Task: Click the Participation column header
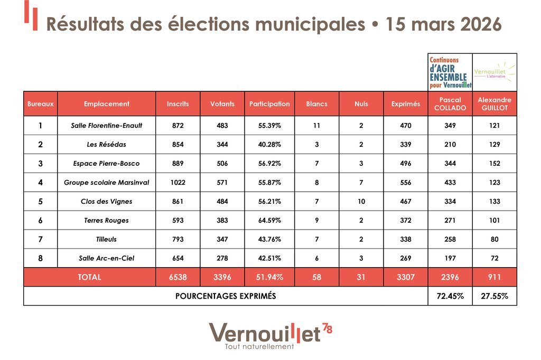point(269,104)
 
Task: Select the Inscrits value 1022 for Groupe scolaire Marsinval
point(178,183)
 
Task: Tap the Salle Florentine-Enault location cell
point(107,126)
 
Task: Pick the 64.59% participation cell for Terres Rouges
point(269,221)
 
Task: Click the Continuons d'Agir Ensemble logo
point(450,73)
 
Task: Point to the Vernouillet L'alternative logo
point(495,73)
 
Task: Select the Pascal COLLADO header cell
point(450,104)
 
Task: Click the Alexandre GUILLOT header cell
point(495,104)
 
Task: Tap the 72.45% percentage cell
point(450,297)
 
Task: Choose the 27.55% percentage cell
point(495,297)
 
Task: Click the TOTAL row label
point(89,277)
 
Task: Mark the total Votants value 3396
point(222,277)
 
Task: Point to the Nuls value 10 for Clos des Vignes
point(361,202)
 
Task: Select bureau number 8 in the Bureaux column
point(40,259)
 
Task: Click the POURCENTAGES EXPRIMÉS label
point(226,297)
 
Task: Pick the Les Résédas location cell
point(107,145)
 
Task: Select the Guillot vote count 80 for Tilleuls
point(495,240)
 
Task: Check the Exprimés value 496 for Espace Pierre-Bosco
point(406,164)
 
